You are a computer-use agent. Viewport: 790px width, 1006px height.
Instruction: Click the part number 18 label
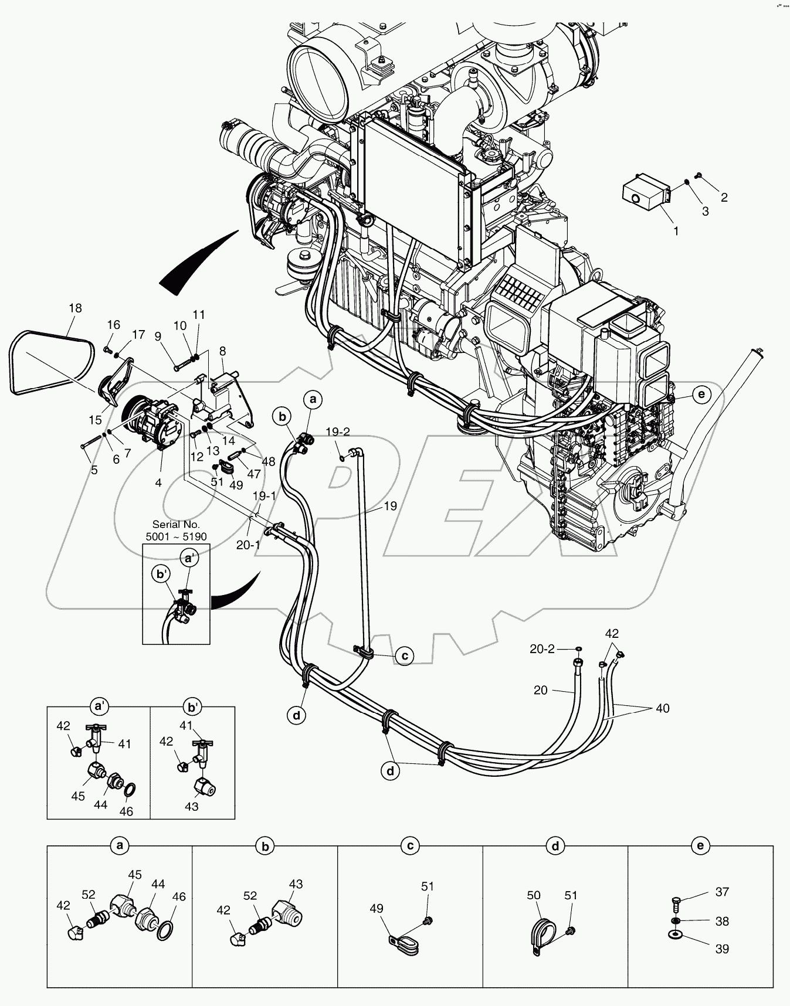pos(74,308)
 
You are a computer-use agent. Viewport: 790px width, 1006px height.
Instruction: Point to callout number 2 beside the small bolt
pos(724,198)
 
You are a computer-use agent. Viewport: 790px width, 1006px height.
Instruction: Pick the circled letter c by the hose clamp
pos(405,656)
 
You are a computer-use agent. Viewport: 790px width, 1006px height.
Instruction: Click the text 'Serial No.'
pos(176,525)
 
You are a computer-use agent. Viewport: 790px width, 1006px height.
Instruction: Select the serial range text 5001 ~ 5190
pos(176,536)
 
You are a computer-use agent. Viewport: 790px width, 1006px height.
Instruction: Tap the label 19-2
pos(338,432)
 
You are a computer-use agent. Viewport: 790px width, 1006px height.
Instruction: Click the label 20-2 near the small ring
pos(543,648)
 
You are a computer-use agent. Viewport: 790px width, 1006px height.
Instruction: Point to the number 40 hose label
pos(662,708)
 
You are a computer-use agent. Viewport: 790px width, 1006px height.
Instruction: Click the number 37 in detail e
pos(722,892)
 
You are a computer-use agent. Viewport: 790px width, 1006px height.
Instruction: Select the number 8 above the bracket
pos(222,351)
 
